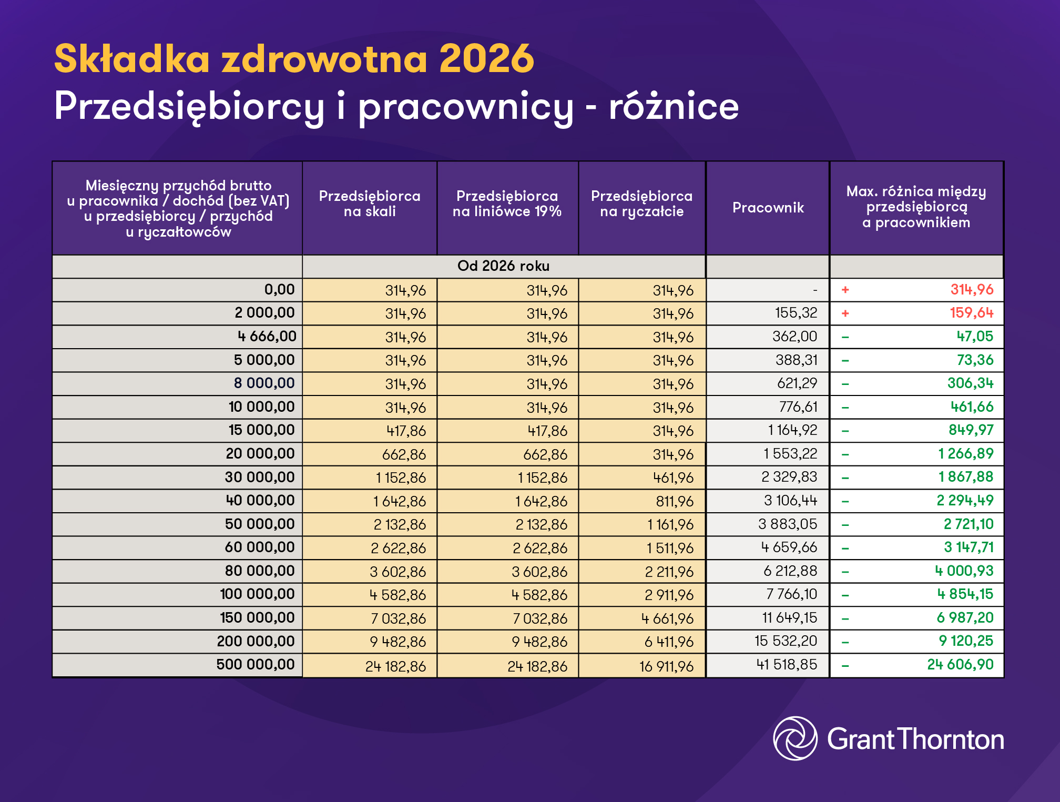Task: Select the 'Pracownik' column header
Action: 768,208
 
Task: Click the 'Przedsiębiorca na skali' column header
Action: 370,204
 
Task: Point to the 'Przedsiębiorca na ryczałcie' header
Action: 641,204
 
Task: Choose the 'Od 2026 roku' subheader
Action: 503,266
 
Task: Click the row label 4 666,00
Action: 267,337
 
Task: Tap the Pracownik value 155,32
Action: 796,313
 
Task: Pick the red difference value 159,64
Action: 971,313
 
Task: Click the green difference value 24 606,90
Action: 960,665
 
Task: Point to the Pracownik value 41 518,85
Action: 787,665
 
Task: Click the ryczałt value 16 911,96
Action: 666,667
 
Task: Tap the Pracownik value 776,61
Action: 798,407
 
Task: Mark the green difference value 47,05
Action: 975,337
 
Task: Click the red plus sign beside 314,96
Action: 845,290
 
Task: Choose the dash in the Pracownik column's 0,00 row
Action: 815,290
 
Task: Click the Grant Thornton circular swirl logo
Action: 795,738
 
